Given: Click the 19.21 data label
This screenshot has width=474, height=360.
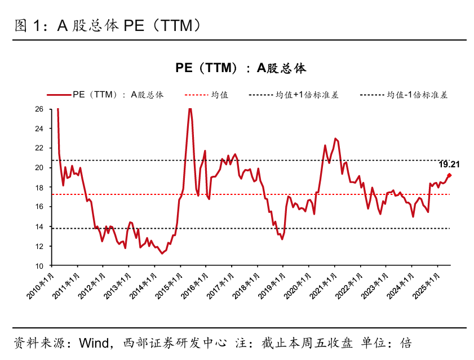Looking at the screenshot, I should click(449, 165).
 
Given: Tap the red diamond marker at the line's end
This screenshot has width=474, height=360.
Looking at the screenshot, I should click(449, 175).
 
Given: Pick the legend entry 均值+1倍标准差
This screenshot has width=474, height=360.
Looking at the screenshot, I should click(307, 95).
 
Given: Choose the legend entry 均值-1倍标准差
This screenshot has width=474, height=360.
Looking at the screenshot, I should click(417, 95).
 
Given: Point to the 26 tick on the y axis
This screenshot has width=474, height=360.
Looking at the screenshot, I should click(39, 109).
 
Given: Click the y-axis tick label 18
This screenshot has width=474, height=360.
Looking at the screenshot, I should click(39, 188).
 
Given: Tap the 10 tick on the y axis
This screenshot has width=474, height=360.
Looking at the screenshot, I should click(39, 266).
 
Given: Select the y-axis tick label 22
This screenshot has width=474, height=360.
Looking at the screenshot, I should click(39, 148).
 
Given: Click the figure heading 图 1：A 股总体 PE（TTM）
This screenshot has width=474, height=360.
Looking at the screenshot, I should click(107, 26).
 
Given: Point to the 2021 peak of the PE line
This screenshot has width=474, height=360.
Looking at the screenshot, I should click(335, 138).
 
